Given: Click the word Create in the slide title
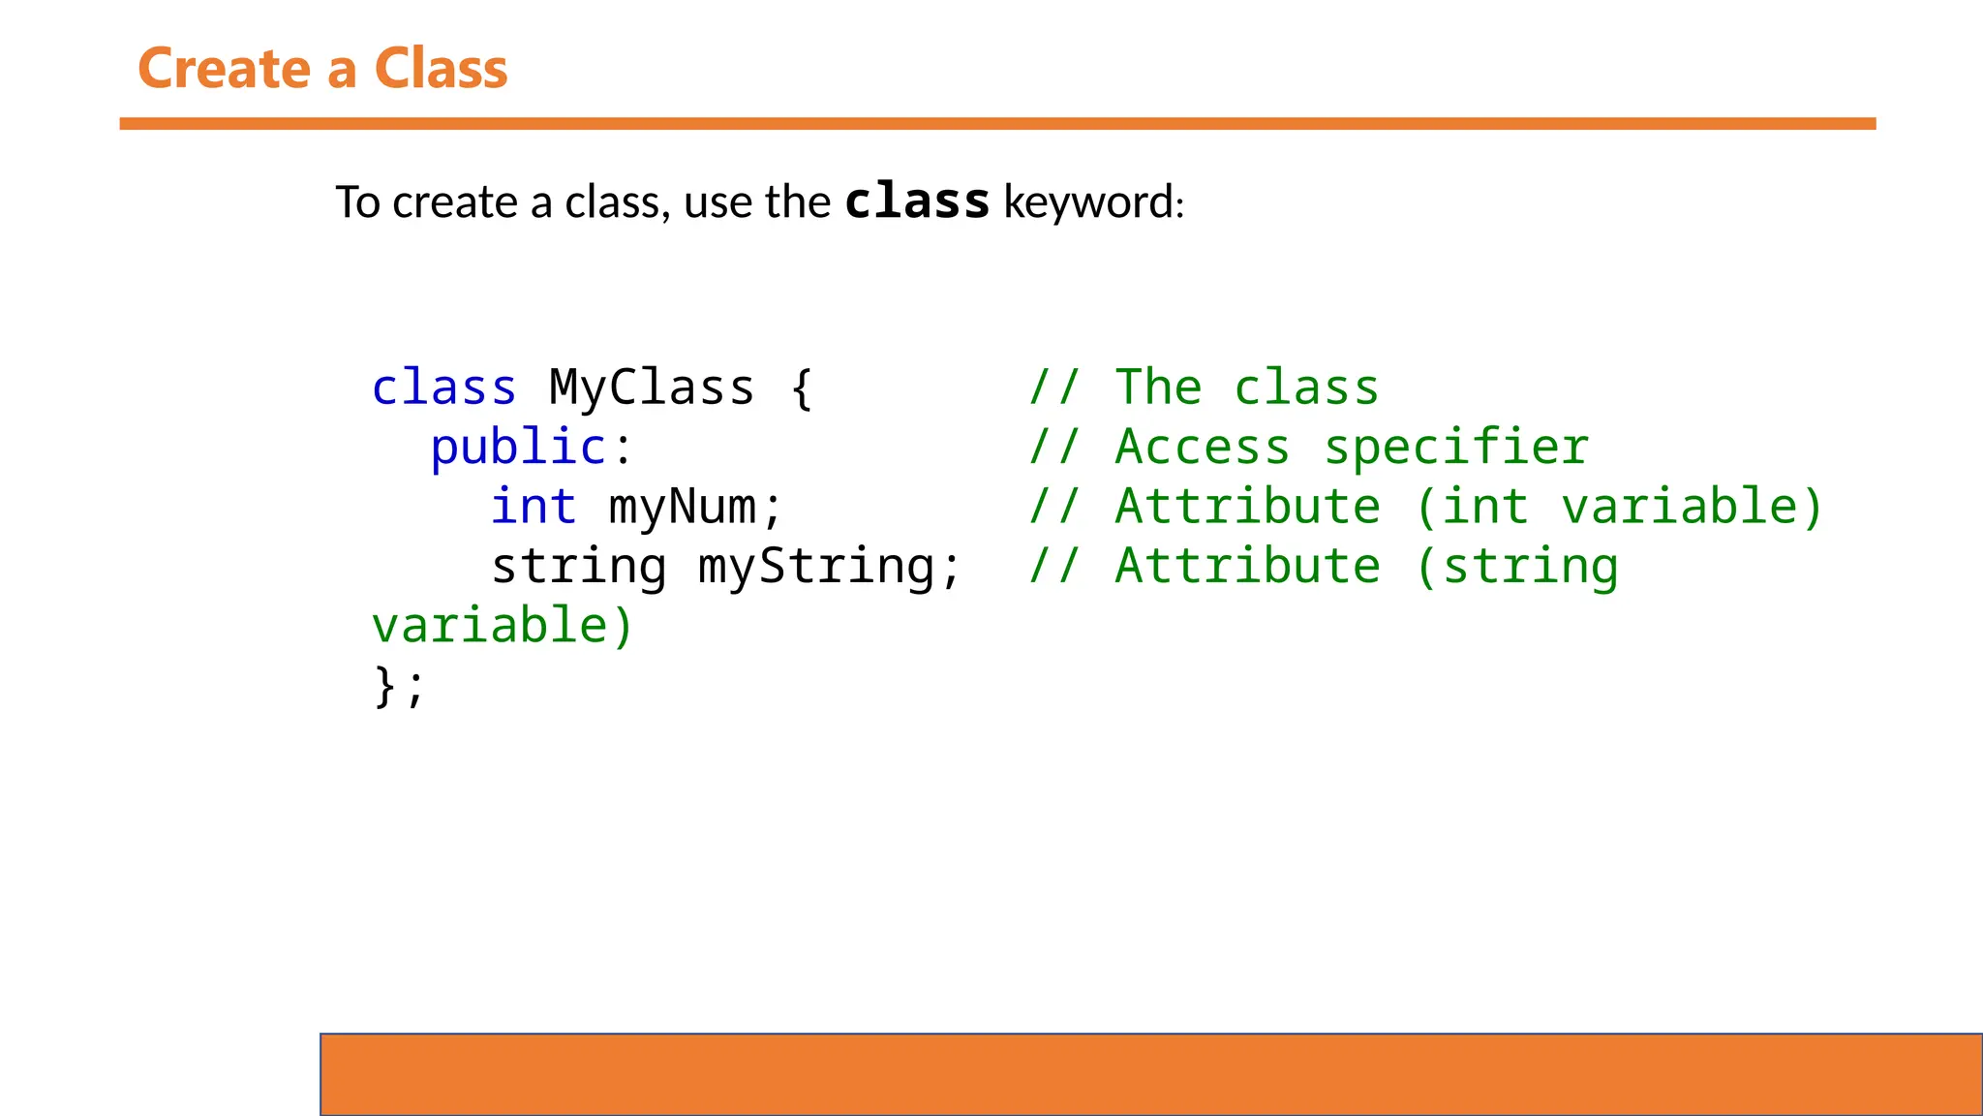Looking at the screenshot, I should coord(225,69).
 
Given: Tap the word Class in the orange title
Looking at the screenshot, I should coord(441,69).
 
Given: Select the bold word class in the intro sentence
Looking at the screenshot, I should coord(917,201).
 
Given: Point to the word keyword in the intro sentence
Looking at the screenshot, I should coord(1091,202).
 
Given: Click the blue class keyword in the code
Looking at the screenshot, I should coord(444,388).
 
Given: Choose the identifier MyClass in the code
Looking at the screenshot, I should coord(652,388).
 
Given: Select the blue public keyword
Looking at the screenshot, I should coord(518,448).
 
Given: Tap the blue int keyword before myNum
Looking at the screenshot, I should coord(534,507).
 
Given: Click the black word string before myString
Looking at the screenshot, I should coord(578,567).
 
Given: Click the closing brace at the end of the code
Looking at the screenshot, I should coord(385,687).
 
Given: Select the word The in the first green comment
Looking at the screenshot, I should coord(1159,388).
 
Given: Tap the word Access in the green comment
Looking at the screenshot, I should coord(1203,448).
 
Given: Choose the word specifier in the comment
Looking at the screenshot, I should coord(1456,448).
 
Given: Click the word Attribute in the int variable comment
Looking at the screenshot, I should coord(1248,507).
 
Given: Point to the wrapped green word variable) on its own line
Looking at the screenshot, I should coord(503,626).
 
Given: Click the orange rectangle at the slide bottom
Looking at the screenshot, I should coord(1150,1074).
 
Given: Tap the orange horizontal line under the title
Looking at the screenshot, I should coord(997,123).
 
